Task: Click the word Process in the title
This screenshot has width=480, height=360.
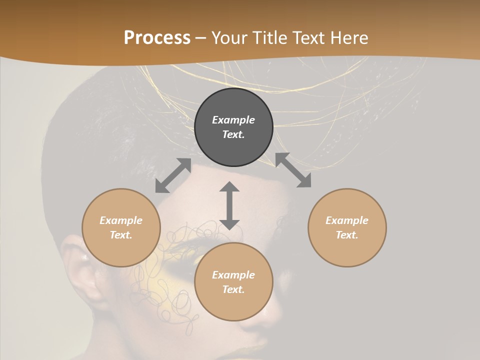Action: tap(157, 38)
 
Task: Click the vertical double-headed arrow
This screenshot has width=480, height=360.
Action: tap(229, 206)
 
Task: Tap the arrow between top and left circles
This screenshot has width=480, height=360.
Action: tap(173, 175)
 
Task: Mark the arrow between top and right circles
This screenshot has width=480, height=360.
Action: tap(293, 170)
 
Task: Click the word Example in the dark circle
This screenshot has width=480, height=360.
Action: tap(233, 120)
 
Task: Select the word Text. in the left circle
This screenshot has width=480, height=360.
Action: tap(121, 235)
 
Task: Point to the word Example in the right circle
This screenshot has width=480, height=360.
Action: tap(347, 220)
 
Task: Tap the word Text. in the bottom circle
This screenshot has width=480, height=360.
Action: tap(233, 289)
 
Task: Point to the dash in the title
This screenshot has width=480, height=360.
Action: tap(201, 38)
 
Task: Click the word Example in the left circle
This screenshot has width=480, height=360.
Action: tap(121, 220)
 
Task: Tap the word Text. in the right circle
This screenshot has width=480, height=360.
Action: tap(347, 235)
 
